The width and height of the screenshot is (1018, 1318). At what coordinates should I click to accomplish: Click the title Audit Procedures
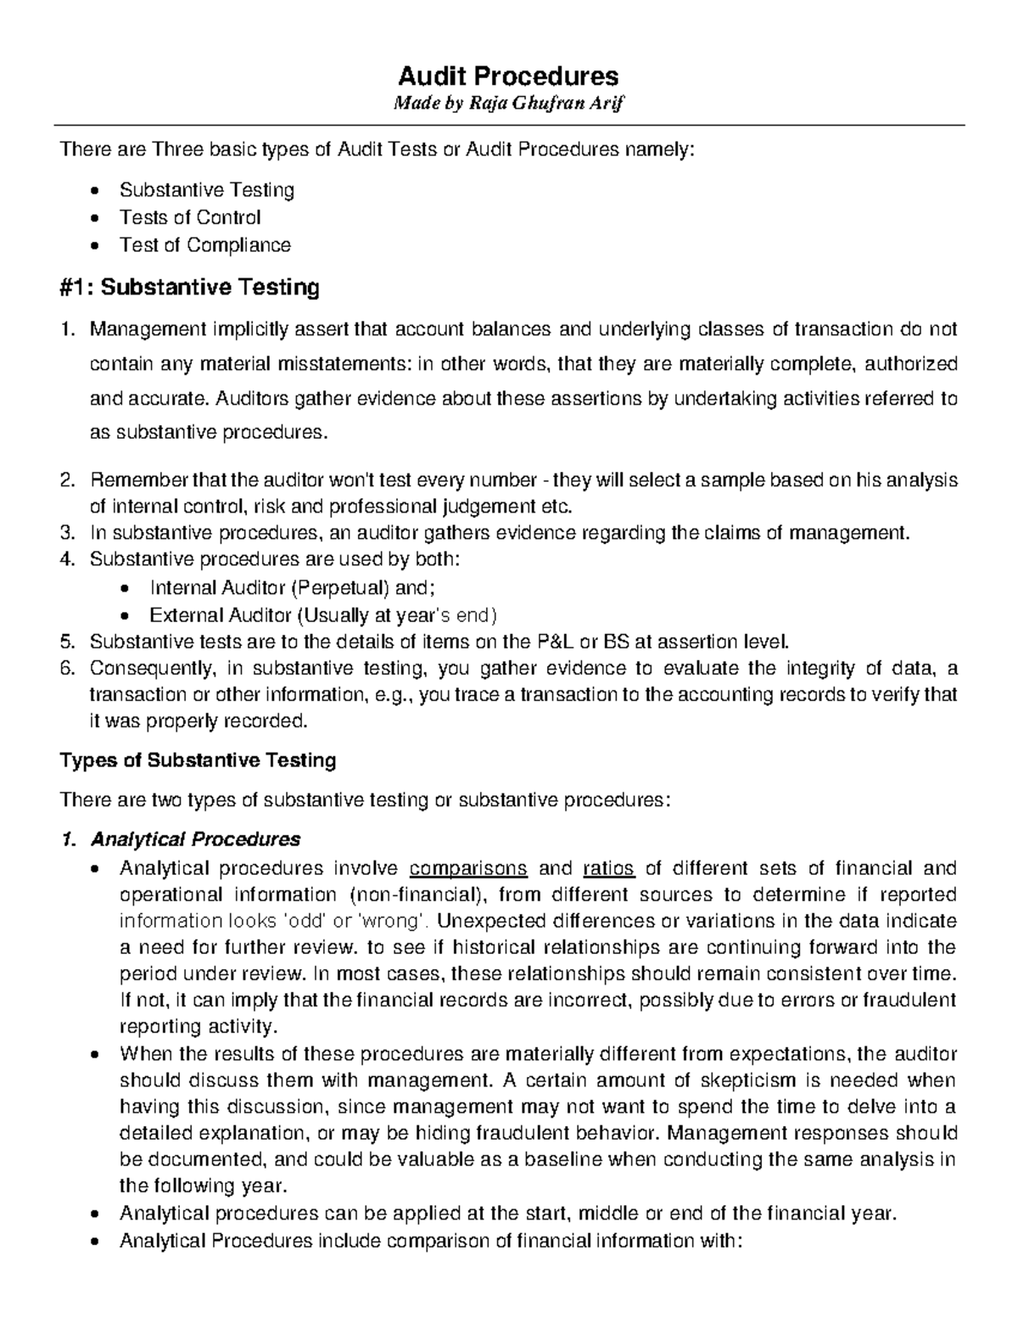tap(508, 76)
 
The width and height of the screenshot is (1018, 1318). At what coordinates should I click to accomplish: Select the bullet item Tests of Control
tap(190, 217)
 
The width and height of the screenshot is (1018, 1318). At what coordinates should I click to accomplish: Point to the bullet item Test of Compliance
tap(204, 245)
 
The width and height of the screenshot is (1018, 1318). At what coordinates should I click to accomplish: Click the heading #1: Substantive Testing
tap(189, 288)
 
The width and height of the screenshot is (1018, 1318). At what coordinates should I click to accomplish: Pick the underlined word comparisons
tap(468, 868)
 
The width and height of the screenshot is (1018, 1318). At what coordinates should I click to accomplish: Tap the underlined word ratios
tap(609, 868)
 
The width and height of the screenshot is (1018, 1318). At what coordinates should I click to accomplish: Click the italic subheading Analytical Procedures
tap(195, 839)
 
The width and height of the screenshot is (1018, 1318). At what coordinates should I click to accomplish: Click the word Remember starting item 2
tap(129, 480)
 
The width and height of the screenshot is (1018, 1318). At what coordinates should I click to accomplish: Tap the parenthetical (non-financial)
tap(415, 895)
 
